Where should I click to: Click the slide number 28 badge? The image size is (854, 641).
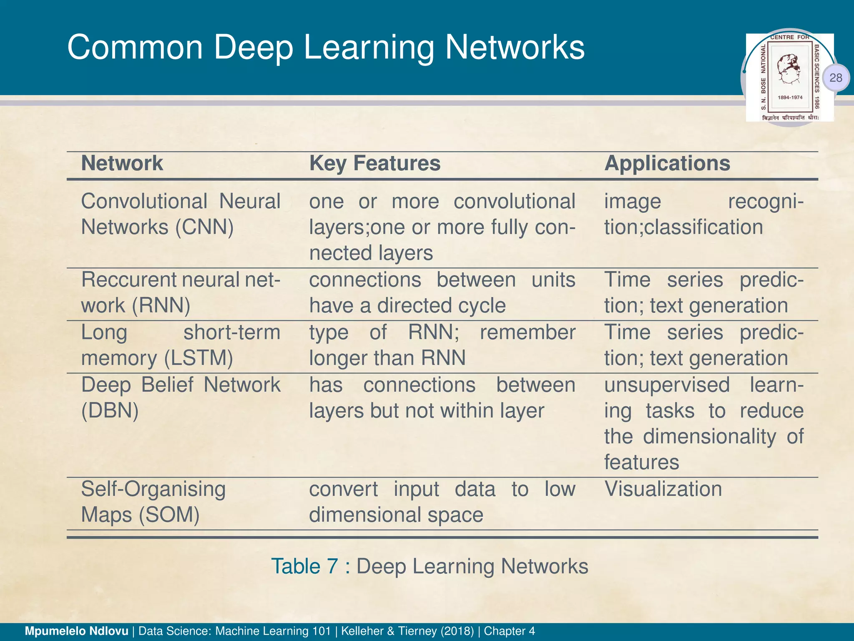click(836, 78)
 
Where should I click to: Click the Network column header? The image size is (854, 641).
click(122, 163)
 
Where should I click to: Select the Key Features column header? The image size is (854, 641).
click(374, 163)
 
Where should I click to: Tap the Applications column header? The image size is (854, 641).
click(667, 163)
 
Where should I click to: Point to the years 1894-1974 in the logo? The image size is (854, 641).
click(790, 98)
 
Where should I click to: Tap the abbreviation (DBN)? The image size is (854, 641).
click(110, 411)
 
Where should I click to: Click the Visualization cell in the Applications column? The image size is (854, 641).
click(663, 489)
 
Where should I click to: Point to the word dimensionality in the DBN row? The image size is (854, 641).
click(709, 437)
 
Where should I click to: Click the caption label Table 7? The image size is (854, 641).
click(304, 566)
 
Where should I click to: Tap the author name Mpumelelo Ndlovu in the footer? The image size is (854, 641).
click(77, 631)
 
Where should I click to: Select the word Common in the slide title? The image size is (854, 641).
click(135, 48)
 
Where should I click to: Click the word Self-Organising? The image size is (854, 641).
click(153, 489)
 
